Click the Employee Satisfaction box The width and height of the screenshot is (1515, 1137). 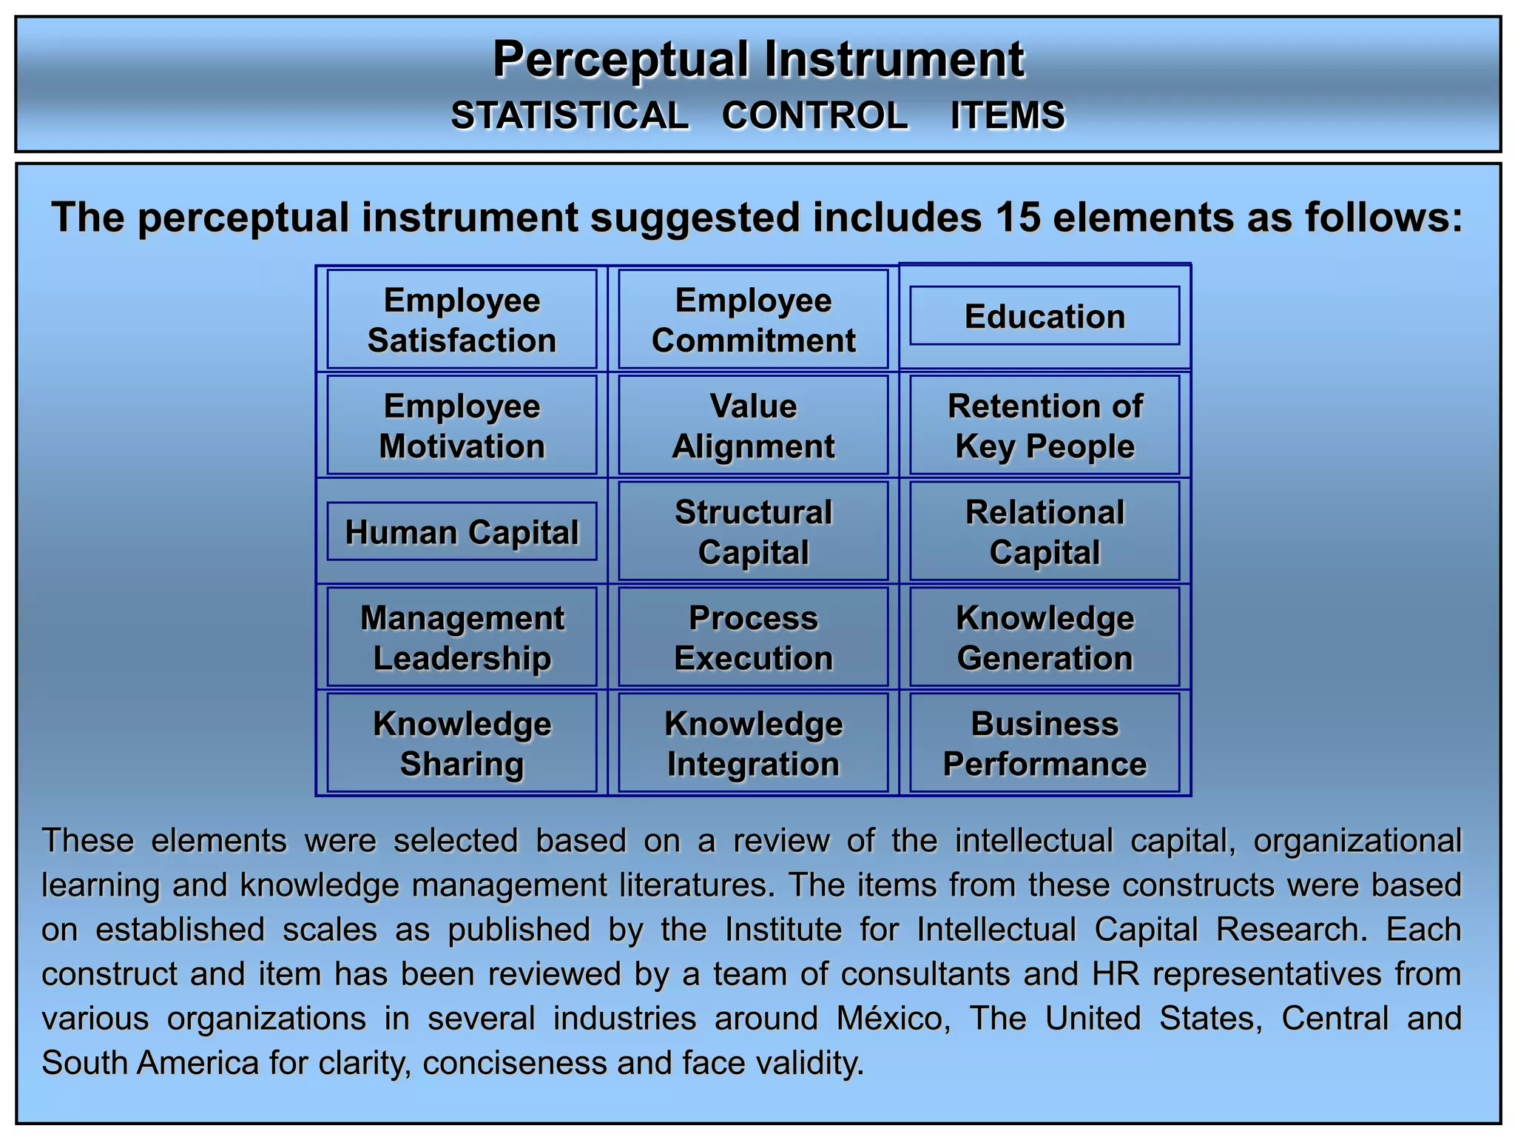tap(462, 320)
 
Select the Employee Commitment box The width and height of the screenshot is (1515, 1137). tap(753, 320)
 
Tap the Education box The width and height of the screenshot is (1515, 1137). tap(1045, 316)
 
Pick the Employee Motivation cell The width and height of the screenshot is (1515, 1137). tap(462, 426)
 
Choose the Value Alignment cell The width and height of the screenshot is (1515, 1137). tap(753, 426)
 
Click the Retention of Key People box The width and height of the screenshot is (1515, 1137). tap(1045, 426)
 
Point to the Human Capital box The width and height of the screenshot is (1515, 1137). tap(462, 531)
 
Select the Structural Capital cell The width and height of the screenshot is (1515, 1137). tap(753, 531)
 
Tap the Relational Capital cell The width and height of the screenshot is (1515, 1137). tap(1045, 531)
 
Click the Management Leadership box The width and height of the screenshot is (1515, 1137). tap(462, 637)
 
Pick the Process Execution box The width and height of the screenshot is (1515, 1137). tap(753, 637)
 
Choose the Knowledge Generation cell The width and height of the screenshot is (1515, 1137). tap(1045, 637)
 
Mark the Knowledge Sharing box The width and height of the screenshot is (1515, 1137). tap(462, 743)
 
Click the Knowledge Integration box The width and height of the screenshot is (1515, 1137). tap(753, 743)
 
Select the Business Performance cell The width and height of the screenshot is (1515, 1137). tap(1045, 743)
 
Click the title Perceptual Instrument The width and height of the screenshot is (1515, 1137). tap(758, 59)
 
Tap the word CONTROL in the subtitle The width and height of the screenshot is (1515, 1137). tap(814, 115)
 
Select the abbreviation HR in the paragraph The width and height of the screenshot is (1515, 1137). tap(1117, 973)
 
